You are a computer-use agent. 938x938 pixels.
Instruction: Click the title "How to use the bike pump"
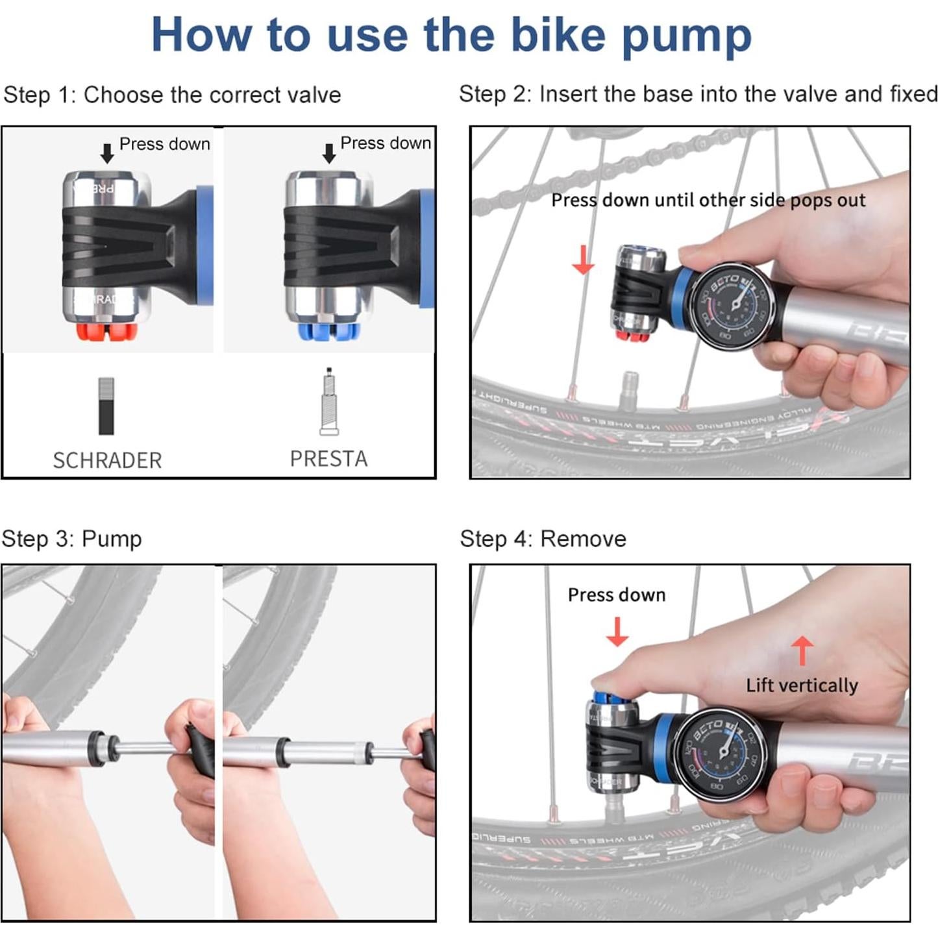click(x=451, y=36)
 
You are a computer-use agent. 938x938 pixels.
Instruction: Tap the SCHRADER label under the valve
click(x=107, y=460)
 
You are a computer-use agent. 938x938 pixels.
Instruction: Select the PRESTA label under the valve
click(x=328, y=459)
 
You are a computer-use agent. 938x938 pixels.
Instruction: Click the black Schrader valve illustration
click(x=106, y=406)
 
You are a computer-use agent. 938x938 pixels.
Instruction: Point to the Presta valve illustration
click(x=329, y=402)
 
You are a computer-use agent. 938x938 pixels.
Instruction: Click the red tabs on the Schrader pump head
click(x=107, y=332)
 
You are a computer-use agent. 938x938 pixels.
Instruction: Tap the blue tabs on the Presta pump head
click(x=328, y=332)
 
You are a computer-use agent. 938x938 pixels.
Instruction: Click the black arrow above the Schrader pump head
click(x=107, y=154)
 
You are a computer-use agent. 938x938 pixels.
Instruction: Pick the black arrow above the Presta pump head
click(x=329, y=153)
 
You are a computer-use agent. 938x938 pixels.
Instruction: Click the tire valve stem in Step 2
click(x=629, y=389)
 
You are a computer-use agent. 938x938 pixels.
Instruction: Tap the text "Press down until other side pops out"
click(x=708, y=200)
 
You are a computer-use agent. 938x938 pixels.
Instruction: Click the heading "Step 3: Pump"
click(x=71, y=539)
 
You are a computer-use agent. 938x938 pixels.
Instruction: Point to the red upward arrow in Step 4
click(x=802, y=649)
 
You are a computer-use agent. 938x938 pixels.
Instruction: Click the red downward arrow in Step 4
click(x=617, y=632)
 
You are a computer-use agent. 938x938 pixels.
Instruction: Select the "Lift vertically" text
click(x=802, y=685)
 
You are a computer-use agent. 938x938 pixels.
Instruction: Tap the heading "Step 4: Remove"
click(x=543, y=539)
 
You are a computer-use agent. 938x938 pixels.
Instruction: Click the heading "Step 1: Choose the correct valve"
click(x=172, y=95)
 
